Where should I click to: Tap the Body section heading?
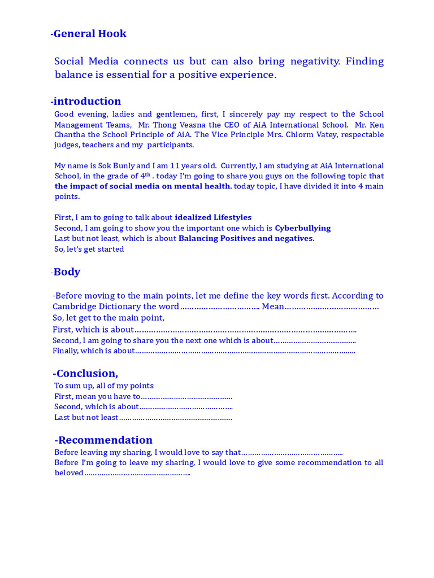67,272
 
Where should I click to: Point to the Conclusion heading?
86,374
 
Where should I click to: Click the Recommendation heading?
105,440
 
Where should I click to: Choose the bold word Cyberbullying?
302,228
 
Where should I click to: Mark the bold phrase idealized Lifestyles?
213,217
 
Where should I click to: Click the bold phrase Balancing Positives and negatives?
246,238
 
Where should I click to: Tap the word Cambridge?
76,306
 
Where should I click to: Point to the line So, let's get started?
89,249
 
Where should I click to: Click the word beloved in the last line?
69,473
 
